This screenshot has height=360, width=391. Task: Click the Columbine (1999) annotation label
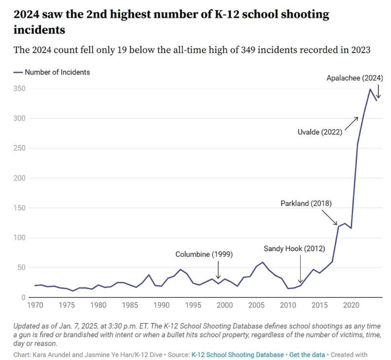tap(204, 254)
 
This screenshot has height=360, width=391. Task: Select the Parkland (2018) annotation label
tap(306, 203)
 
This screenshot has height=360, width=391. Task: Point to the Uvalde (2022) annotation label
tap(320, 132)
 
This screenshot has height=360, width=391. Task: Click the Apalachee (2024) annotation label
tap(355, 78)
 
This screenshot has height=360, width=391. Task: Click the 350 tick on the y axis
tap(19, 89)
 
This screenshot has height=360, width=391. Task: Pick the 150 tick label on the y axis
tap(19, 208)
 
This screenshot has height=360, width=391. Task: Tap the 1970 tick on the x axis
tap(35, 305)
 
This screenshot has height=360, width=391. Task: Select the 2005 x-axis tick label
tap(256, 305)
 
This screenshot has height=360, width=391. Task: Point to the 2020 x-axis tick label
tap(351, 305)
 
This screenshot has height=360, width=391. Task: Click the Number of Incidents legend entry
tap(57, 72)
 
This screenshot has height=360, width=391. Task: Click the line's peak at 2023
tap(370, 89)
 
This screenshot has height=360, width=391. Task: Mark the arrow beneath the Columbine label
tap(218, 270)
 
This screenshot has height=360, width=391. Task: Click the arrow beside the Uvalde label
tap(351, 123)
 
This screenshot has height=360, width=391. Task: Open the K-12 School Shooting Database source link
tap(237, 355)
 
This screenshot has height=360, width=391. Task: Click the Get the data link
tap(307, 355)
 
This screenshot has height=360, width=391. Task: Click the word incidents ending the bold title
tap(39, 30)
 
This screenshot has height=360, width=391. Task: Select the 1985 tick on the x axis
tap(130, 305)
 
